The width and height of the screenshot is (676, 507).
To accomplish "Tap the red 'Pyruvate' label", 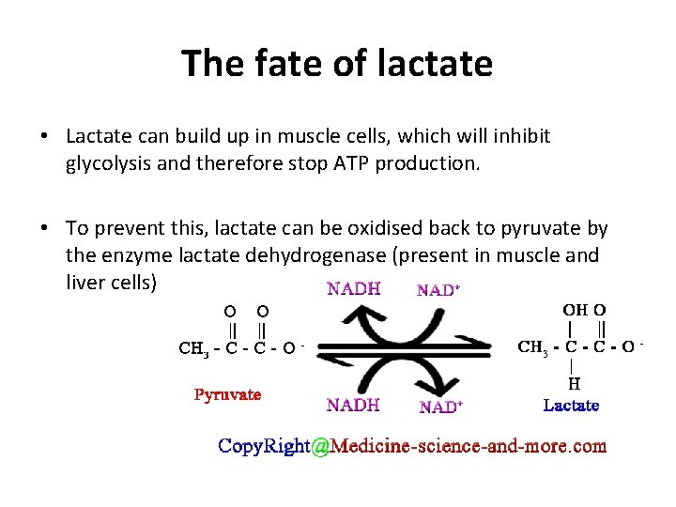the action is pyautogui.click(x=227, y=394).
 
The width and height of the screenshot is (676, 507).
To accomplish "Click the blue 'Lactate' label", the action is pyautogui.click(x=571, y=406).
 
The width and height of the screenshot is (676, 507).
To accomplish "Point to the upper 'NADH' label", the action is pyautogui.click(x=353, y=289).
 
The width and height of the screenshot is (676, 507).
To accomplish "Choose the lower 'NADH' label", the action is pyautogui.click(x=353, y=406).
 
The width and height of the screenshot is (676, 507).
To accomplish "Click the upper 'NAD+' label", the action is pyautogui.click(x=438, y=290).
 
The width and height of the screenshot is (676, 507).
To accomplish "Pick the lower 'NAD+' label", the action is pyautogui.click(x=438, y=407).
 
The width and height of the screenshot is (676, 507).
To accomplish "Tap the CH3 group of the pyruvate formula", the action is pyautogui.click(x=192, y=350).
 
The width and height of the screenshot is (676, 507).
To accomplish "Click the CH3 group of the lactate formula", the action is pyautogui.click(x=533, y=347).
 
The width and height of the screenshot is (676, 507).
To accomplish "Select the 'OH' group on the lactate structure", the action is pyautogui.click(x=575, y=309).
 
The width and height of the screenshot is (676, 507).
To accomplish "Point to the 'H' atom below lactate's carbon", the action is pyautogui.click(x=573, y=383).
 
